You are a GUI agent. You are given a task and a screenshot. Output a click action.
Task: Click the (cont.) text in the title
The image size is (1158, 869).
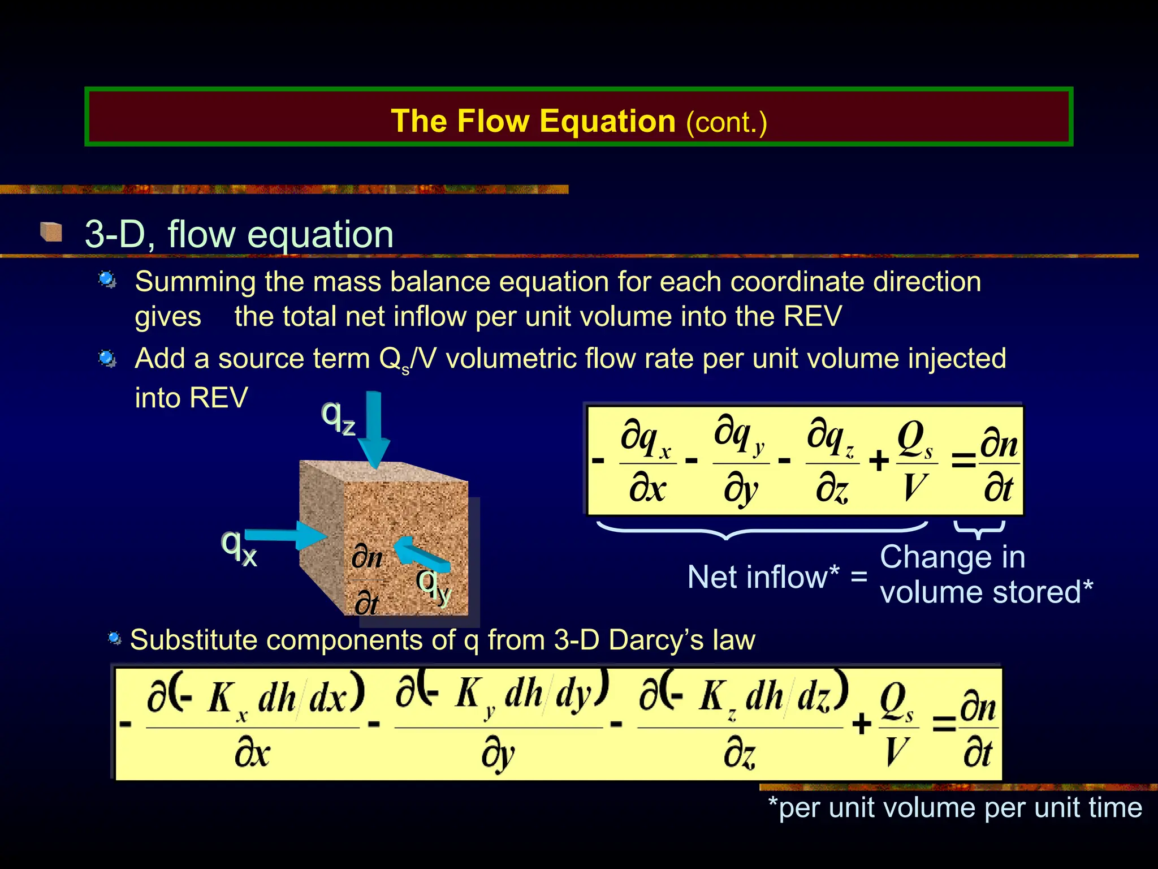[726, 122]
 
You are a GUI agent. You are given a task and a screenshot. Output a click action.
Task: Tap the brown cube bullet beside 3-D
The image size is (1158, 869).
[51, 232]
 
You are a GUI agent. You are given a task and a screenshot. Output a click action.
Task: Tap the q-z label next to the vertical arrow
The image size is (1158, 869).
[338, 418]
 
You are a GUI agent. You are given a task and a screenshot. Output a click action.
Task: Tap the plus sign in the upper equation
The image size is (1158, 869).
[879, 461]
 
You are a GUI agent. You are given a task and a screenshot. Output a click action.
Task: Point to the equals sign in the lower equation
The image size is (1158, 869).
[943, 724]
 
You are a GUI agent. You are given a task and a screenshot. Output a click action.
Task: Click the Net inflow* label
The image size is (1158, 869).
[763, 577]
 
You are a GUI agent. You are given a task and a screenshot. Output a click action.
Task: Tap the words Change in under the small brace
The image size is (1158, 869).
[952, 557]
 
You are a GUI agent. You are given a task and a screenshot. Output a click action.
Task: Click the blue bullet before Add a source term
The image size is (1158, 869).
[107, 359]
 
